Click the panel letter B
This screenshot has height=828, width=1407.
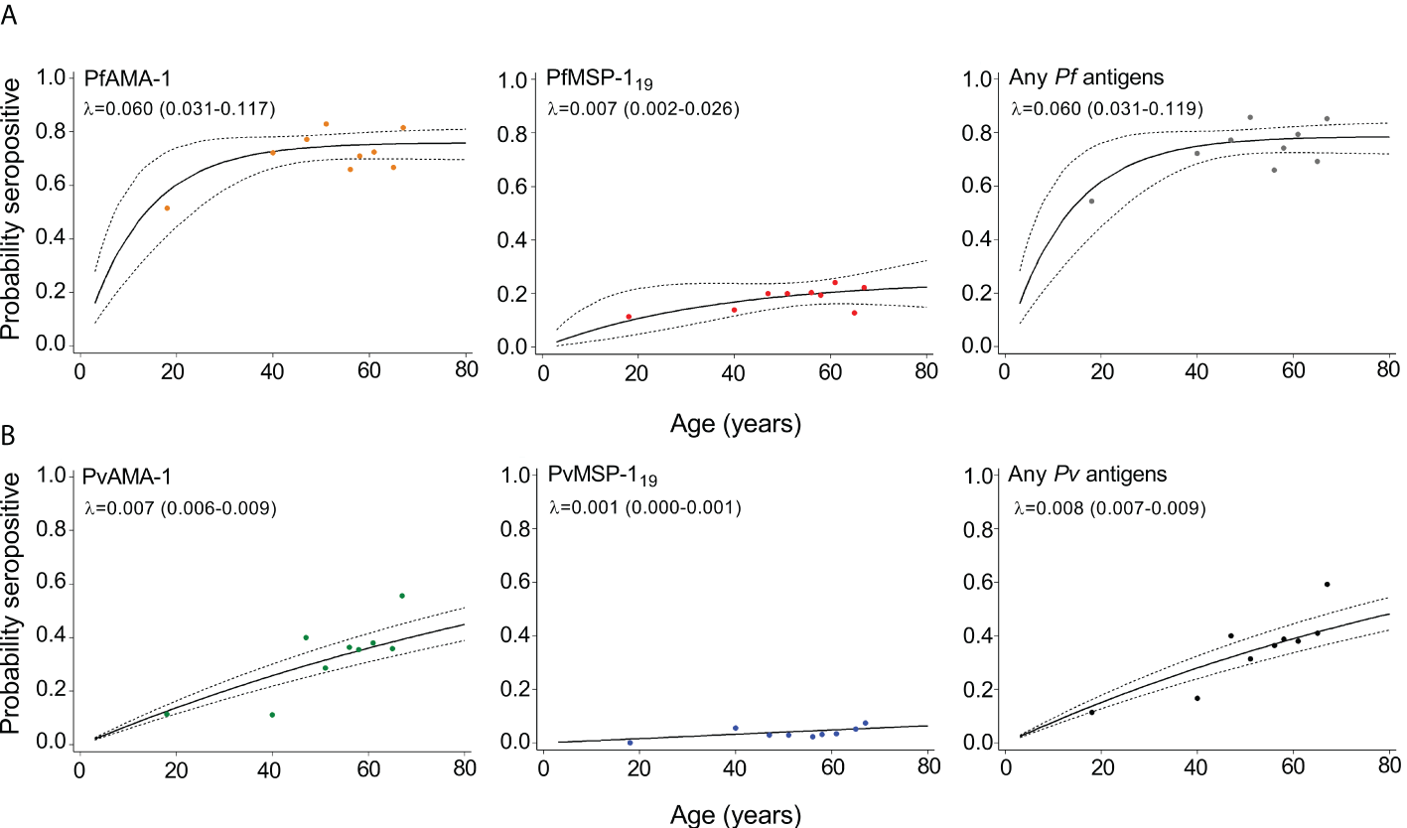[9, 437]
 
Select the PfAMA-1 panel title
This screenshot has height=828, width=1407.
[123, 77]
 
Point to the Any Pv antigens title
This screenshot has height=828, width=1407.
[1074, 475]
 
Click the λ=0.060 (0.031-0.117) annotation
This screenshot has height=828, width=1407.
[179, 107]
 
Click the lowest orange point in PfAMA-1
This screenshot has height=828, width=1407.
[167, 207]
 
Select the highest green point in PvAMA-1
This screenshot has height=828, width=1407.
[402, 596]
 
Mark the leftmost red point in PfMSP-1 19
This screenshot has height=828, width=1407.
[629, 317]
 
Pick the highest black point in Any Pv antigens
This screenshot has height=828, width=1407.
[1327, 584]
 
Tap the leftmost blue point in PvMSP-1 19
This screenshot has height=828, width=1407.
[630, 742]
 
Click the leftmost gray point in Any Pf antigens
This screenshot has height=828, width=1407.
[1091, 201]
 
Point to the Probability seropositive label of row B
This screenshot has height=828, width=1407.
[13, 603]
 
